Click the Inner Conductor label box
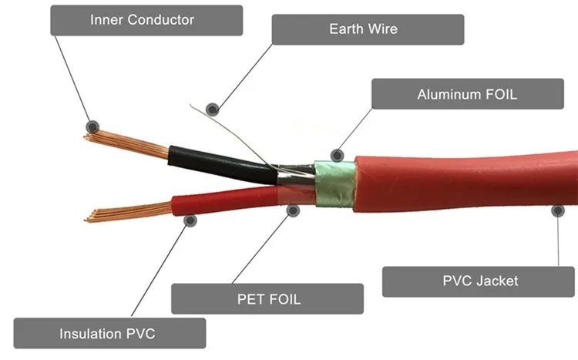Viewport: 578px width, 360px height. click(146, 20)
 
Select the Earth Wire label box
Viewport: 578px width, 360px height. click(368, 29)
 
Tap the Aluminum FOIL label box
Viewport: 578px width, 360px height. click(467, 94)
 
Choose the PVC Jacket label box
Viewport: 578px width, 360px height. click(479, 281)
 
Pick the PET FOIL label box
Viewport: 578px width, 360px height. click(267, 298)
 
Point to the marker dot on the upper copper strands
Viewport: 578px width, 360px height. click(92, 126)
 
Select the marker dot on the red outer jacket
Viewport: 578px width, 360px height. click(556, 209)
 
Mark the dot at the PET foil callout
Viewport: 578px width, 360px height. click(293, 209)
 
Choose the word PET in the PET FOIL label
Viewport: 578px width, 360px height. click(245, 298)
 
